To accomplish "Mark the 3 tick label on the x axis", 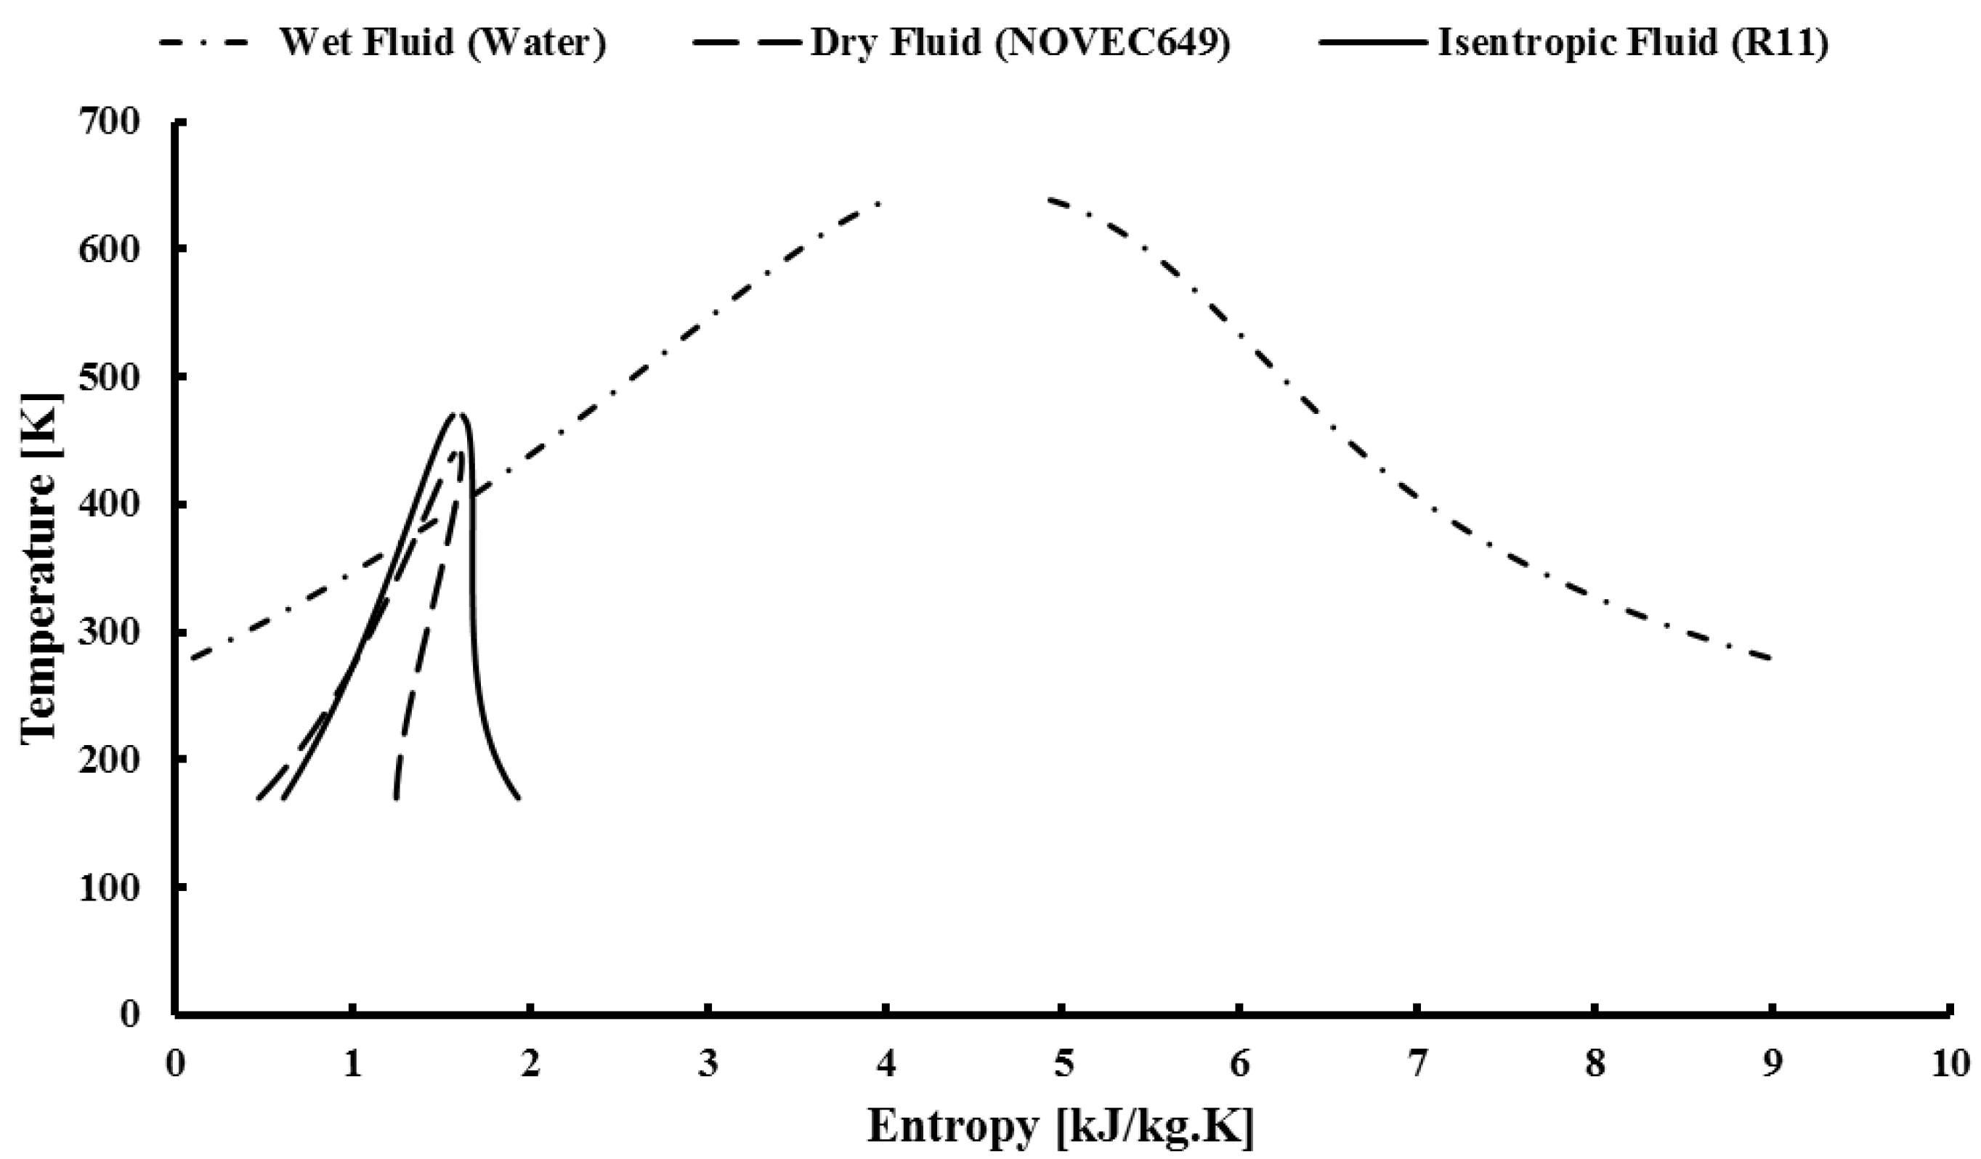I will coord(708,1065).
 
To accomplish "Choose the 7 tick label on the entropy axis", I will coord(1417,1065).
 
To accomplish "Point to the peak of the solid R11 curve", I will coord(458,414).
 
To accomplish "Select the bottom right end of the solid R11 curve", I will coord(519,798).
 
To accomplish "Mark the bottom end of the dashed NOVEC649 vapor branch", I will coord(396,798).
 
